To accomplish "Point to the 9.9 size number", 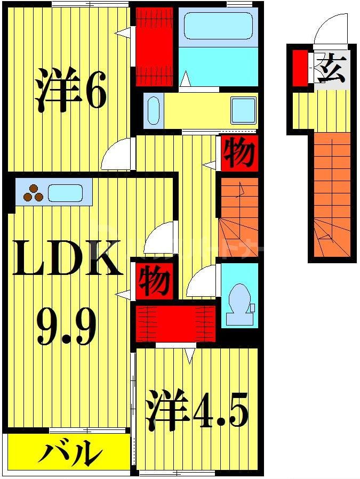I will click(67, 326).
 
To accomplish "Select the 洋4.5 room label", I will click(197, 409).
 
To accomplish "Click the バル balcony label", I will click(69, 454).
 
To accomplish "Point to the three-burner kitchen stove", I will click(33, 193).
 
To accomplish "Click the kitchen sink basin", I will click(66, 193).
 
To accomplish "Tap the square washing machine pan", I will click(243, 111).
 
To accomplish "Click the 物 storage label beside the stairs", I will click(238, 153).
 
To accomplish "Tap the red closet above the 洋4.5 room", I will click(176, 323).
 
